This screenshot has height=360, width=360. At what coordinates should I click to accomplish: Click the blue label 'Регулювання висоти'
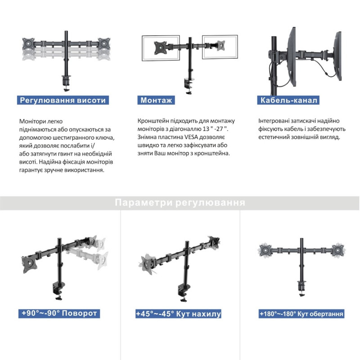63,100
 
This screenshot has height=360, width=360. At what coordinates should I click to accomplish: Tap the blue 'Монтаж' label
156,100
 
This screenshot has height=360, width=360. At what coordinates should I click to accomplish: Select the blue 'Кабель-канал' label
288,100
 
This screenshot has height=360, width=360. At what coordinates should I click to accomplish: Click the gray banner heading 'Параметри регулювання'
180,203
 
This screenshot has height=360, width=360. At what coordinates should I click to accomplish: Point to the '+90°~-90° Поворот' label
59,314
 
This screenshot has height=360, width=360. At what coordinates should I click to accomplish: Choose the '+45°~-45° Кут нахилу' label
178,314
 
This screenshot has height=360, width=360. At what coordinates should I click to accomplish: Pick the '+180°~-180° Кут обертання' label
301,314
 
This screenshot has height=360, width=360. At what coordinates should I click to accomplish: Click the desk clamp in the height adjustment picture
66,83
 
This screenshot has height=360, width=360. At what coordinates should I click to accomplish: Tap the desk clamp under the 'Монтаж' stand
189,86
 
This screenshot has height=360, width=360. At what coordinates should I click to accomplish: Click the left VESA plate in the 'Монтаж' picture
161,48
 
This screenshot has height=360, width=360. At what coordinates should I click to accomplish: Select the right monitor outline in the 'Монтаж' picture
220,47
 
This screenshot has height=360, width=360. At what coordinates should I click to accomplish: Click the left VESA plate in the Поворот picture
29,264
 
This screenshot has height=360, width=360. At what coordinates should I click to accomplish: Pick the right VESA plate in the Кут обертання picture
338,250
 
